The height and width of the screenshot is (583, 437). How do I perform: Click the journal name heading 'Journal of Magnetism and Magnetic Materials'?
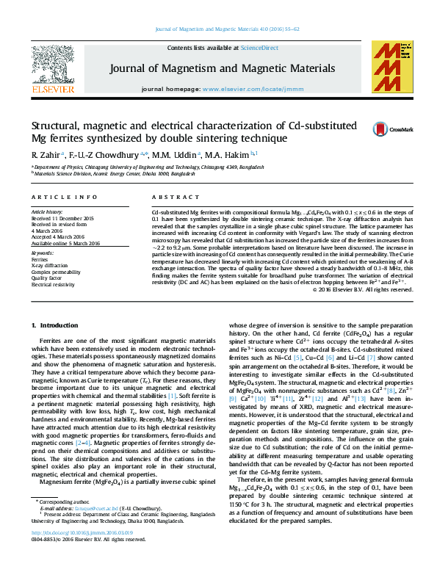[x=223, y=68]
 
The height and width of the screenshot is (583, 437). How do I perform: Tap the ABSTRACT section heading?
[x=170, y=198]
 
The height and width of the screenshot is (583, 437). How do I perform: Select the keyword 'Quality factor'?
[x=46, y=278]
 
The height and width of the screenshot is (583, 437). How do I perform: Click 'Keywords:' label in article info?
[x=43, y=253]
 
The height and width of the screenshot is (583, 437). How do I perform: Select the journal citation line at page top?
[x=218, y=29]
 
